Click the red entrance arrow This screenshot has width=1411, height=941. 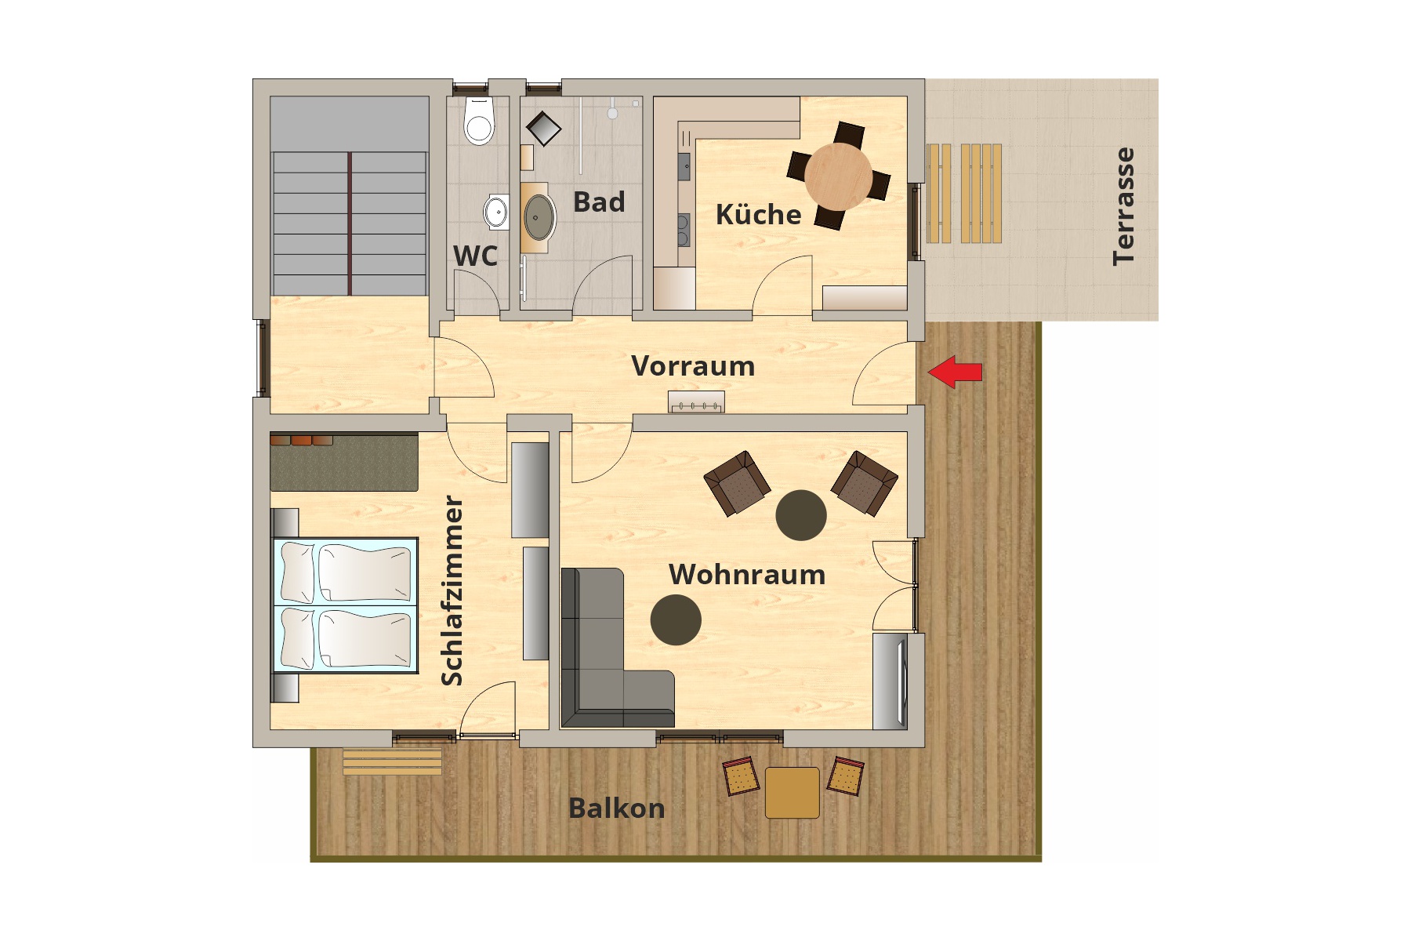click(x=955, y=372)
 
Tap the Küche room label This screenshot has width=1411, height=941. click(x=758, y=214)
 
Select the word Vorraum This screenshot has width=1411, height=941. click(x=693, y=366)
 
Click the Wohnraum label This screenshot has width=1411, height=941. click(x=747, y=575)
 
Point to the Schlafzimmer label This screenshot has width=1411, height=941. click(x=452, y=590)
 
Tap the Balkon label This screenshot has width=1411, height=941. click(x=616, y=808)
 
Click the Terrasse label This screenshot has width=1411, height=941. click(x=1123, y=206)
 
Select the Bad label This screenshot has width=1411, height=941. click(x=599, y=202)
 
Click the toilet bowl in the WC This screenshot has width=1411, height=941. click(x=479, y=122)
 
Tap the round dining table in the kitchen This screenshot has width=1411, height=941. click(x=838, y=176)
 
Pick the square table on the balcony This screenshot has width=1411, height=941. click(x=792, y=793)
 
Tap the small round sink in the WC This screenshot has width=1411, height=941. click(x=495, y=212)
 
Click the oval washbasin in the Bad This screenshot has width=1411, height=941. click(x=539, y=217)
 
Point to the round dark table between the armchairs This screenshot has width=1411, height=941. click(x=801, y=515)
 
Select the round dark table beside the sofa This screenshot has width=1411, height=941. click(x=676, y=619)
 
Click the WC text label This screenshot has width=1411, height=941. click(x=475, y=256)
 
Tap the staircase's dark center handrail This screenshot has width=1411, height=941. click(x=350, y=223)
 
